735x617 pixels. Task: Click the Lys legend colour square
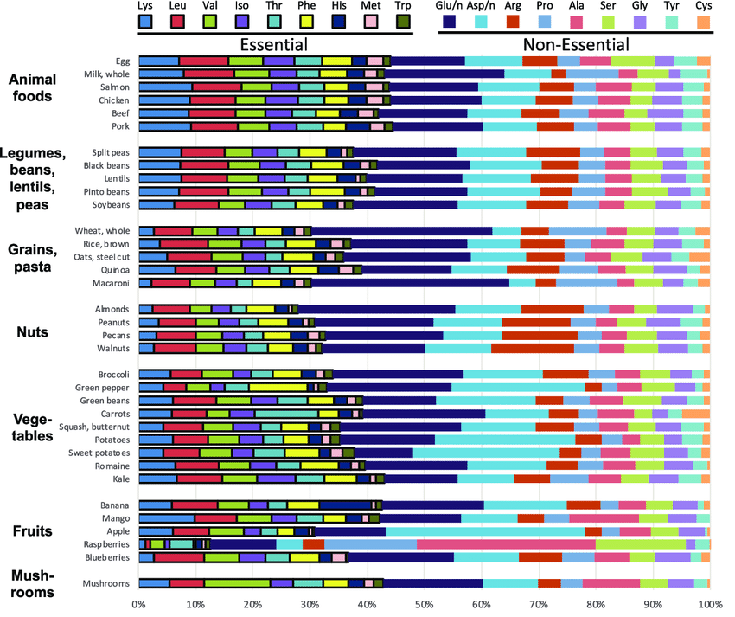145,22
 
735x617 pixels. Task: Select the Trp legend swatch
403,22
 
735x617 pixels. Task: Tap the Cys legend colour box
703,22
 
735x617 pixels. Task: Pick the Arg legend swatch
513,22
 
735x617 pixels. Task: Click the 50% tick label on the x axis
425,604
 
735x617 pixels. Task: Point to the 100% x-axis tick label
711,604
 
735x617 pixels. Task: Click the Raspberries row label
106,544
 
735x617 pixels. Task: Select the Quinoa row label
115,270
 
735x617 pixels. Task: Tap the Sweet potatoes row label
99,453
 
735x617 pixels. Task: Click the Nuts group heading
32,331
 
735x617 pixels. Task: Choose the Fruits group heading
32,530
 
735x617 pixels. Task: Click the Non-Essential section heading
576,45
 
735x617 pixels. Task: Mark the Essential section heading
274,45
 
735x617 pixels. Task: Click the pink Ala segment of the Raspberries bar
506,544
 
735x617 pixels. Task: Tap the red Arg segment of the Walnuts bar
533,348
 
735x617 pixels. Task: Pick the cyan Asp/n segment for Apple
485,531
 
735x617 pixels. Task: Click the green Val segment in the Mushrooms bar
237,583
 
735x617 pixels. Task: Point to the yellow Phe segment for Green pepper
278,388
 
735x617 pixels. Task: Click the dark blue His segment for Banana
345,505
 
